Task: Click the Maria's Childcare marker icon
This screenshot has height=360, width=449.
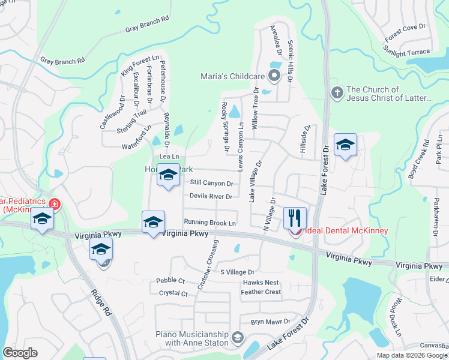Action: tap(274, 76)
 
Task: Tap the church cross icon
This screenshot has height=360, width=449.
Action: tap(337, 93)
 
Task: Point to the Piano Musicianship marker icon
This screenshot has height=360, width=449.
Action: tap(238, 338)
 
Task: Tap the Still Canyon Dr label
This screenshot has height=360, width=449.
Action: tap(211, 183)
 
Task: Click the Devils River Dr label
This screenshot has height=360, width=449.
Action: tap(210, 196)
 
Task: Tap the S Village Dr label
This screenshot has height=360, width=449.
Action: tap(238, 272)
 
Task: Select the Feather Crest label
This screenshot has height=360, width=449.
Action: tap(261, 292)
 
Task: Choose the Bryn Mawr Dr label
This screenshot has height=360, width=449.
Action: tap(266, 322)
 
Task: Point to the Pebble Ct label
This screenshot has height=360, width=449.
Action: tap(170, 280)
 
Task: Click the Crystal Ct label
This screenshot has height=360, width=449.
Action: tap(173, 293)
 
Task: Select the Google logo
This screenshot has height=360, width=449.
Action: tap(20, 353)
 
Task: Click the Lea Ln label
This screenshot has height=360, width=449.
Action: tap(169, 157)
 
